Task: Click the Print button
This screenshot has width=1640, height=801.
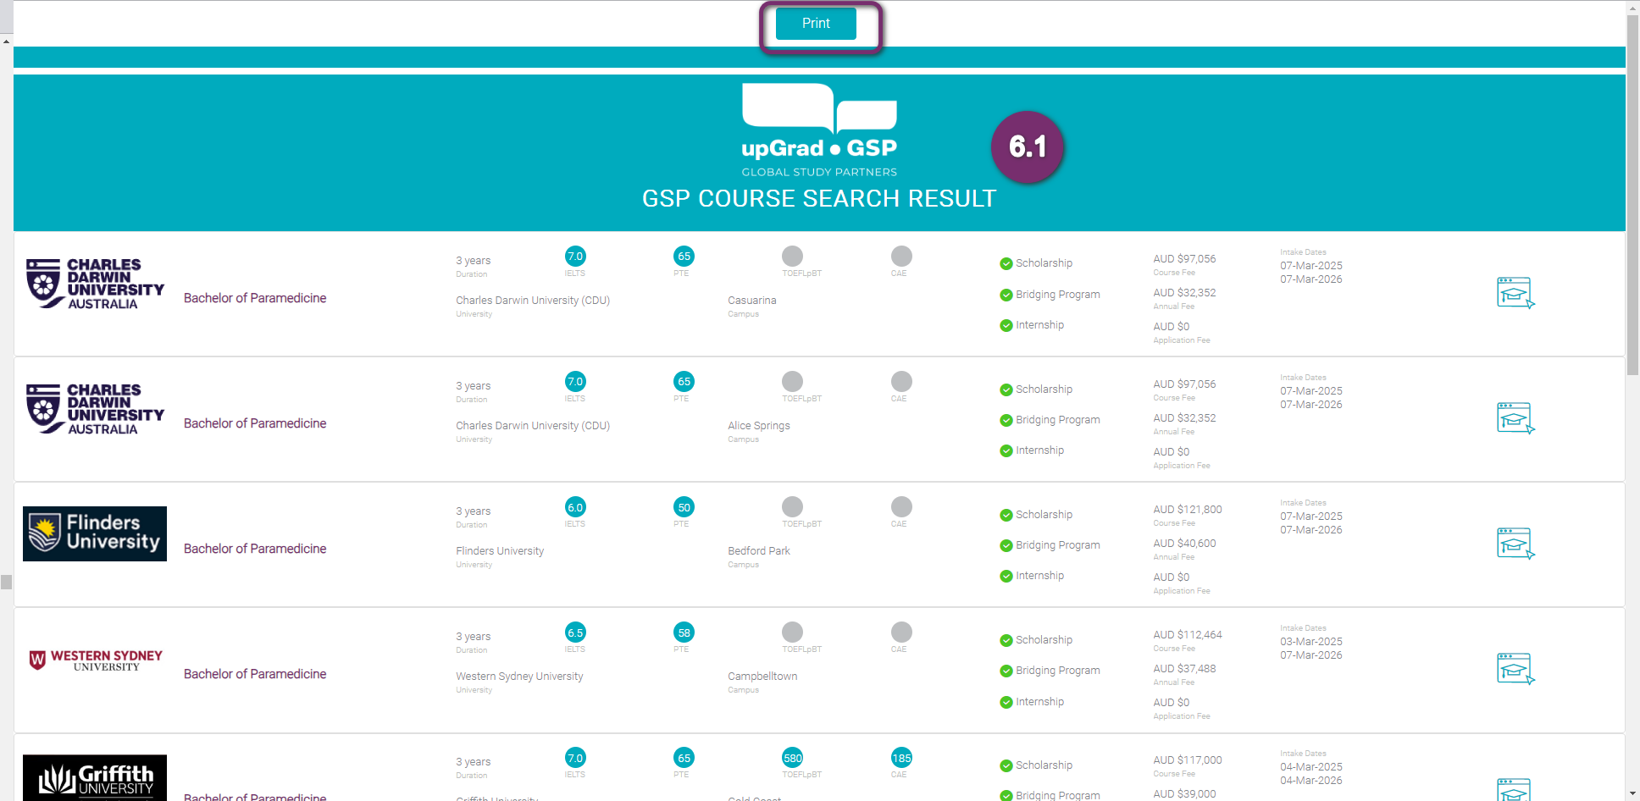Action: [x=816, y=24]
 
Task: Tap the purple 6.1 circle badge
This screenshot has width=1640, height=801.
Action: [x=1027, y=147]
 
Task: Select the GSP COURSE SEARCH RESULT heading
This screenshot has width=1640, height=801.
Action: [x=819, y=199]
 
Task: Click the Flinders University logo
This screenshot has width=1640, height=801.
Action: [x=95, y=534]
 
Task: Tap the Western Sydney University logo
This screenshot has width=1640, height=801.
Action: [x=95, y=660]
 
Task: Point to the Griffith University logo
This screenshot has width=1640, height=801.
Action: [x=95, y=777]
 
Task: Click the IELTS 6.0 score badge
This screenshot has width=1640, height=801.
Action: [x=575, y=507]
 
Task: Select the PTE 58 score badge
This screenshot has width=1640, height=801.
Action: [x=684, y=633]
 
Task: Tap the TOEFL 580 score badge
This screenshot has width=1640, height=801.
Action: [x=792, y=758]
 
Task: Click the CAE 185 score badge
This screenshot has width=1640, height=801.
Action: [x=901, y=758]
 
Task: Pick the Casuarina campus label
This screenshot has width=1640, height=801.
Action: [x=752, y=301]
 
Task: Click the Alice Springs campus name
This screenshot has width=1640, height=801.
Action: [x=759, y=426]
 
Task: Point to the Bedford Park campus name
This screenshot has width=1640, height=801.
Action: [x=759, y=551]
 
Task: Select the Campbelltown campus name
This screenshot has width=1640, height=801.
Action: [x=762, y=677]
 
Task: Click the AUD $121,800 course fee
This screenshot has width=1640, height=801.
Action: [x=1188, y=510]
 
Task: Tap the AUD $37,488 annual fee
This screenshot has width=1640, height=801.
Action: [x=1184, y=669]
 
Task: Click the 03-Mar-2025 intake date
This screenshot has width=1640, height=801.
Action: [x=1311, y=642]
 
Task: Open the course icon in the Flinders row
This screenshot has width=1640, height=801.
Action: [x=1515, y=544]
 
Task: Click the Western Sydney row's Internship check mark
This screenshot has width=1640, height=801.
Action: [x=1006, y=702]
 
